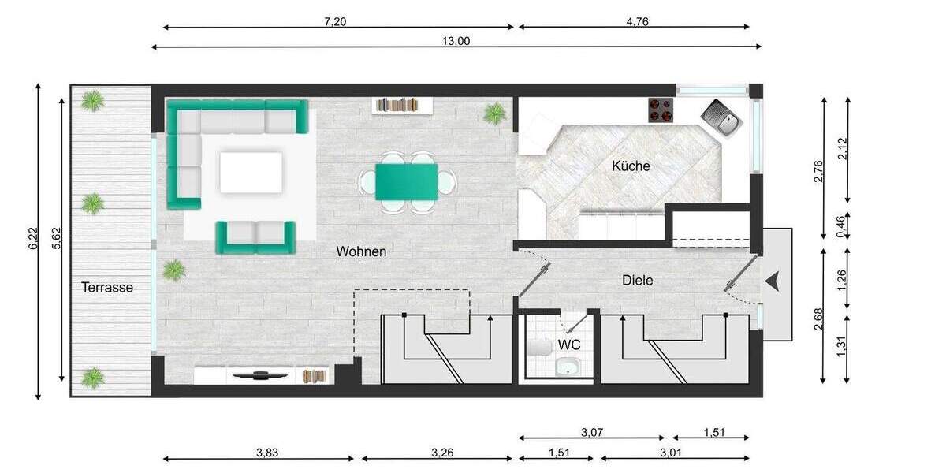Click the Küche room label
[x=631, y=166]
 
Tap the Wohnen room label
[x=361, y=251]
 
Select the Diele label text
[x=637, y=280]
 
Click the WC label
[x=569, y=345]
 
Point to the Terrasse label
[x=107, y=288]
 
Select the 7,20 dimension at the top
[x=335, y=21]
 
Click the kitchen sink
[x=722, y=118]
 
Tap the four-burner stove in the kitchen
[x=661, y=110]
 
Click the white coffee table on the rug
[x=251, y=173]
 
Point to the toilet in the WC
[x=540, y=348]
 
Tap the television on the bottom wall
[x=258, y=375]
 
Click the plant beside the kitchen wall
[x=494, y=114]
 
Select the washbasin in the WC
[x=567, y=367]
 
